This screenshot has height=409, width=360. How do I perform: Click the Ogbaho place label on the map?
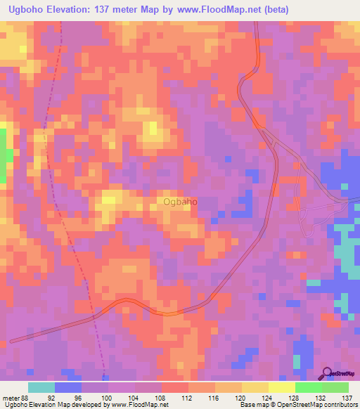[x=180, y=202]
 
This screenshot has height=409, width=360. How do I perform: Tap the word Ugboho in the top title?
[x=22, y=8]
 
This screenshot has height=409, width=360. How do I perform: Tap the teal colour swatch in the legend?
[x=41, y=387]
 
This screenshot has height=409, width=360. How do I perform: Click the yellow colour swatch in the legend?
[x=281, y=387]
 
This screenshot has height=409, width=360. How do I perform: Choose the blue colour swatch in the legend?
[x=68, y=387]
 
